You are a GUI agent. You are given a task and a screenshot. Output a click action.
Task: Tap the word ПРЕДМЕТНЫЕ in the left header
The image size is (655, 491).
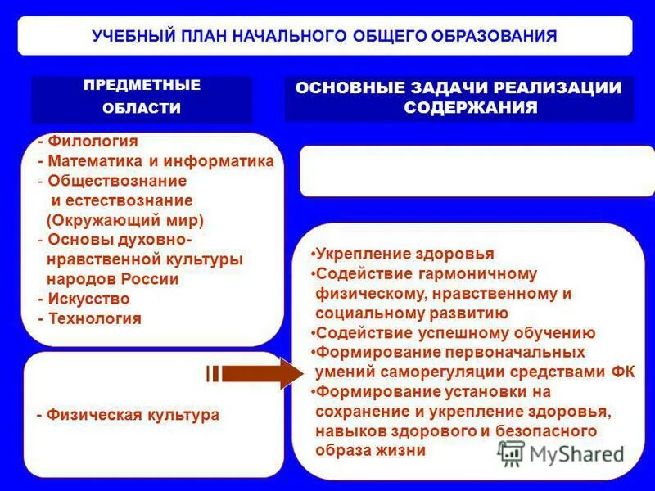pos(142,85)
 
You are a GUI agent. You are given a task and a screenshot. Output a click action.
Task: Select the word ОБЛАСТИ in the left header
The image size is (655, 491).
pos(142,108)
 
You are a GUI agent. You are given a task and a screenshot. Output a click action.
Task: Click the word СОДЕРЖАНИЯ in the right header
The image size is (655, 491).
pos(471,108)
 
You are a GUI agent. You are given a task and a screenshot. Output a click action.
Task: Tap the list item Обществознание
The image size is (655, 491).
pos(116,181)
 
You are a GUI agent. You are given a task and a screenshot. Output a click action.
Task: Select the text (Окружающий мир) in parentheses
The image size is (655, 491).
pos(124,220)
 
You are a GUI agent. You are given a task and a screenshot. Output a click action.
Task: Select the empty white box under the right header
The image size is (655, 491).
pos(477,171)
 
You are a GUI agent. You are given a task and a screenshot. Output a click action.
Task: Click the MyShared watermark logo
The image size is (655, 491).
pos(561,453)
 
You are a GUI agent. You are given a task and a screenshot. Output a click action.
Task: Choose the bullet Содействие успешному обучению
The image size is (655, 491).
pos(455,333)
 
